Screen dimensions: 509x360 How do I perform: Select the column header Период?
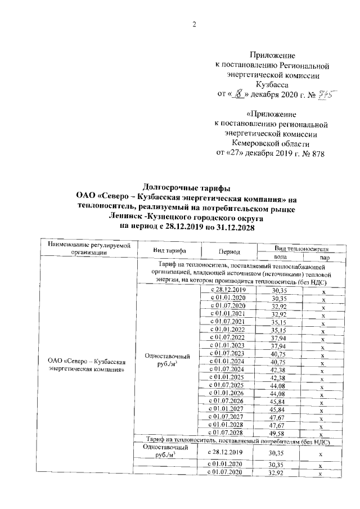point(227,251)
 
